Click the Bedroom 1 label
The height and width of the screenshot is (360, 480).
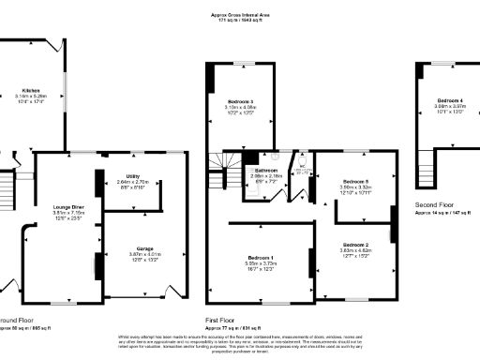(260, 257)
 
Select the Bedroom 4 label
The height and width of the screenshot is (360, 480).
(449, 100)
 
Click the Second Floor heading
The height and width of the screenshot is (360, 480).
(436, 202)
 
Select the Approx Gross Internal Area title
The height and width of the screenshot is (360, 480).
(239, 16)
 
